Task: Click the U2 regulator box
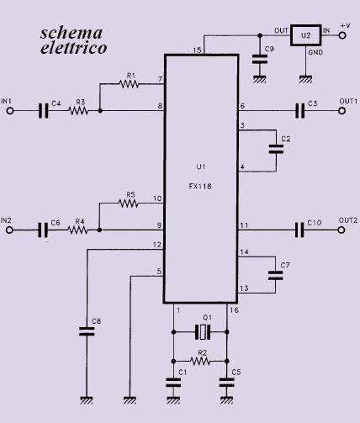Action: tap(305, 35)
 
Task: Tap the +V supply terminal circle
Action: tap(342, 35)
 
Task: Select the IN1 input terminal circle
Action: tap(10, 111)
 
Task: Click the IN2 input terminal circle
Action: tap(9, 230)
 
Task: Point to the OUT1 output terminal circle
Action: tap(341, 111)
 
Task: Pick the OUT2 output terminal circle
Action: tap(341, 230)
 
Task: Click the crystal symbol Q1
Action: tap(203, 332)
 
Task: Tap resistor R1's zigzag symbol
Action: tap(129, 83)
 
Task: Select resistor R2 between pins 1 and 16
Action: tap(200, 361)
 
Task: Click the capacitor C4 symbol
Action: tap(43, 111)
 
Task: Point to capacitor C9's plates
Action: tap(260, 60)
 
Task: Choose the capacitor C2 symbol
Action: tap(276, 150)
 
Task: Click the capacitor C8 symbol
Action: tap(87, 331)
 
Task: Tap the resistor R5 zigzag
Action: tap(129, 204)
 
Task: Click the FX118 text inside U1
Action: tap(200, 186)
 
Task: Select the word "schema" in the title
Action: tap(71, 33)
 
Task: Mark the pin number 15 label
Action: tap(197, 50)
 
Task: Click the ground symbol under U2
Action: tap(305, 80)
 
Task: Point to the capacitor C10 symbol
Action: tap(299, 230)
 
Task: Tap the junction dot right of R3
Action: tap(100, 111)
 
